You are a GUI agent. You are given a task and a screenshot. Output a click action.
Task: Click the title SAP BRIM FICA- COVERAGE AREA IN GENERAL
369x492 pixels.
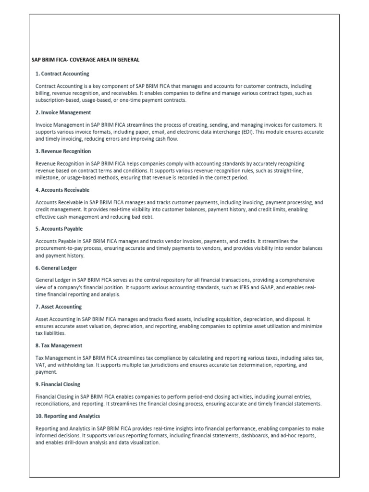85,60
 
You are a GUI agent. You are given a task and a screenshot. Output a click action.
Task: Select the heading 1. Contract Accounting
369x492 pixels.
62,74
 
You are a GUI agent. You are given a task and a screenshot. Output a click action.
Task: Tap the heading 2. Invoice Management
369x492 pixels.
63,112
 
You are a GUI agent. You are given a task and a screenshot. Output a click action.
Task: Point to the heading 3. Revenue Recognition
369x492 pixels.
63,151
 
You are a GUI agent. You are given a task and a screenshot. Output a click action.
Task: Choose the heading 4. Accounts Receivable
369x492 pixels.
62,190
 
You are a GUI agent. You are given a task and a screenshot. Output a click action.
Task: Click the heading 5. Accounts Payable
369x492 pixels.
59,229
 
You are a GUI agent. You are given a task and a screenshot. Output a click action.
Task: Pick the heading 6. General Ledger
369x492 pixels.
56,268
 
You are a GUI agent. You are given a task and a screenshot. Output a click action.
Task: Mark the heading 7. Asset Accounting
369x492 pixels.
59,307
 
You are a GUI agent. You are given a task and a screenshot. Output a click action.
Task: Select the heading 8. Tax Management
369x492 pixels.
59,345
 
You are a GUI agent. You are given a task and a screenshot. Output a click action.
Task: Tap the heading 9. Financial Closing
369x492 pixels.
58,384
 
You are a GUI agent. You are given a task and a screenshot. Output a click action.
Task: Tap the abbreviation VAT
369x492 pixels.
41,365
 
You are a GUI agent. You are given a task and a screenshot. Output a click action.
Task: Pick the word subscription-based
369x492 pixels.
58,100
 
